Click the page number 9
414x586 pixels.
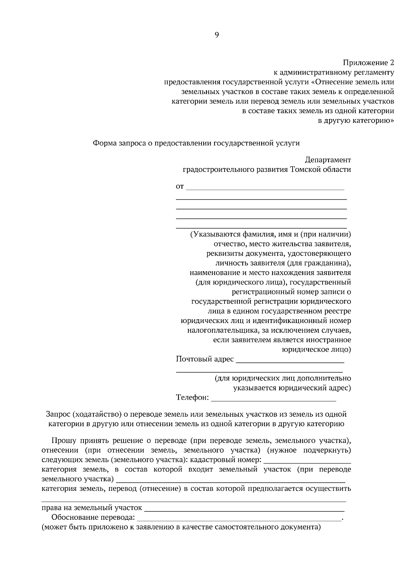click(x=217, y=35)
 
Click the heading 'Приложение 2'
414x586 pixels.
click(x=368, y=63)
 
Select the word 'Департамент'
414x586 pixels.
click(x=328, y=160)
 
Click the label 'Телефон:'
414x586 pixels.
click(x=193, y=398)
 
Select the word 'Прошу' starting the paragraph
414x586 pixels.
click(x=62, y=441)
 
